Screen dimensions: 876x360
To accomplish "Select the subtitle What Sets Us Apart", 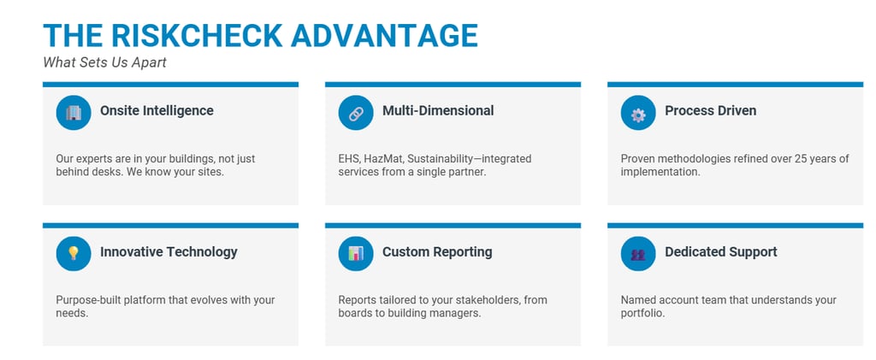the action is tap(104, 62).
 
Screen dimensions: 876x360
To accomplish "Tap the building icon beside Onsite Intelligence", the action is tap(74, 112).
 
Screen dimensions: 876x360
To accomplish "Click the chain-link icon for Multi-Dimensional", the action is tap(356, 112).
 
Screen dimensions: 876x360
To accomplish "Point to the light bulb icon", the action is tap(74, 253).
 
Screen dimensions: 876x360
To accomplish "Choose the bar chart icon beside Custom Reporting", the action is tap(356, 253).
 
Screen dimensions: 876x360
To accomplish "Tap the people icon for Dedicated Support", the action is tap(638, 253).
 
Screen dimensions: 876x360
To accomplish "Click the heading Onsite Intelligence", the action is tap(157, 110).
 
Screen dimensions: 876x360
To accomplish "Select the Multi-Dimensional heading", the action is tap(438, 110).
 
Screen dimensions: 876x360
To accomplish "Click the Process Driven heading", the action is tap(710, 110).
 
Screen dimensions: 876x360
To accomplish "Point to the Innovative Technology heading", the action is tap(169, 251).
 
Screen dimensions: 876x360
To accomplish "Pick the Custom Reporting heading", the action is tap(437, 251).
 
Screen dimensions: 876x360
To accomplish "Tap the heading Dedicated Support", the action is tap(721, 251).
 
